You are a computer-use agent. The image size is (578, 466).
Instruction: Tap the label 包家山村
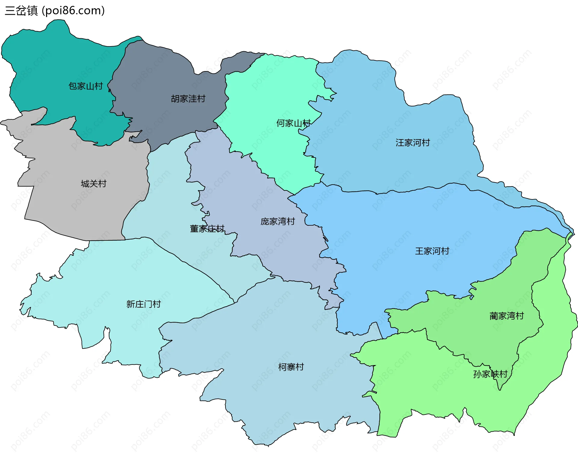pos(85,86)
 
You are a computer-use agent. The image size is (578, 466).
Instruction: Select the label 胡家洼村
pos(188,99)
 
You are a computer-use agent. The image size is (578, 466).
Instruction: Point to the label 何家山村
pos(293,123)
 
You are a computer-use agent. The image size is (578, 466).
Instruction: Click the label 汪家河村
pos(412,142)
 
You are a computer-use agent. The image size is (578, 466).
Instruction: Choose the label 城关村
pos(93,183)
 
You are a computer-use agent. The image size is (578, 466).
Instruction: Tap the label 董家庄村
pos(207,229)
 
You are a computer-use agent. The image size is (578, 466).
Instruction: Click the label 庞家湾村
pos(278,221)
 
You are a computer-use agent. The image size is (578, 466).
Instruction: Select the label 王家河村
pos(432,251)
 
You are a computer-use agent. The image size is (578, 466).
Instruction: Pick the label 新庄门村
pos(143,304)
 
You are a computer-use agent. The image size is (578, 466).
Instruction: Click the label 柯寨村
pos(291,367)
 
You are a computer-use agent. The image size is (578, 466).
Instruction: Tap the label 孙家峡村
pos(490,374)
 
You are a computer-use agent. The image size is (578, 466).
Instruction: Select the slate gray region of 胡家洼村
pos(157,75)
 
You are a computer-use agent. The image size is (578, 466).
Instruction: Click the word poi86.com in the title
pos(73,11)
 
